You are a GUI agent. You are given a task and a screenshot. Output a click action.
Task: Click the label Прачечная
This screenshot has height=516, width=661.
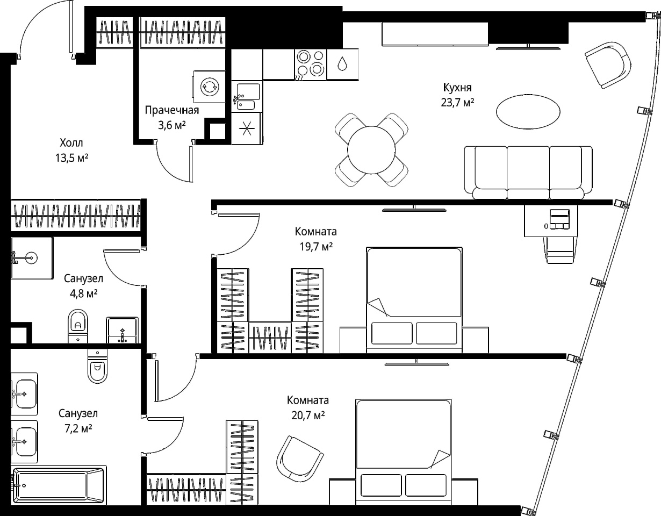pos(172,110)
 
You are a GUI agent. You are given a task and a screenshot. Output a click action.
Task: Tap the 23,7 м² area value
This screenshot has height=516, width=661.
pos(457,103)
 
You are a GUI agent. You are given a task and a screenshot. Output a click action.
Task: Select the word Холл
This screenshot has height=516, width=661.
pos(71,142)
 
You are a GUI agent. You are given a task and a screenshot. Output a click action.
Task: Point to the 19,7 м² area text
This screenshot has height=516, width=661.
pos(316,246)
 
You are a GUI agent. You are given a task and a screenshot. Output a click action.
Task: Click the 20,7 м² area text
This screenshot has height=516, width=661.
pos(308,415)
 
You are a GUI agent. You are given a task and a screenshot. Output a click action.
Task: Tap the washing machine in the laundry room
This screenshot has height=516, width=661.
pos(209,87)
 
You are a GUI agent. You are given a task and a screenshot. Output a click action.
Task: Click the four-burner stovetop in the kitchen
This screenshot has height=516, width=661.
pos(310,64)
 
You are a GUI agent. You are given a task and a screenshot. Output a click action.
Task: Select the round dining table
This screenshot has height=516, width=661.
pos(371,150)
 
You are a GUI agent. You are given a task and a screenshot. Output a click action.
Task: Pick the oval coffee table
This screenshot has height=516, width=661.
pos(528,112)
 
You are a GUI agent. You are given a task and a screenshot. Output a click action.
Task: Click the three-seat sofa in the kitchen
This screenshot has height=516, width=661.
pos(528,173)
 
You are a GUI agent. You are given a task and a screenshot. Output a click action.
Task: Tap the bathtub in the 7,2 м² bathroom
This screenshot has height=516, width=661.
pos(59,485)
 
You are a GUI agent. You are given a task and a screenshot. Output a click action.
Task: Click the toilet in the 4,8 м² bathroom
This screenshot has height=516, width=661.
pos(78,326)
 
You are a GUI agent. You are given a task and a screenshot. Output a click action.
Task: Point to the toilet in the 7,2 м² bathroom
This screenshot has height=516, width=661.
pos(97,366)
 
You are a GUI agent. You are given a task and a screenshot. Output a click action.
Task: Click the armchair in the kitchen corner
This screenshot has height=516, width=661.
pos(608,65)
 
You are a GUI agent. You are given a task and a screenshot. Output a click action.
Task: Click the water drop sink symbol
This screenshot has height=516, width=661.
pos(342,64)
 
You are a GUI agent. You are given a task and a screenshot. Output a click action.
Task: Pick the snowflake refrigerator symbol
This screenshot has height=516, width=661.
pos(246,128)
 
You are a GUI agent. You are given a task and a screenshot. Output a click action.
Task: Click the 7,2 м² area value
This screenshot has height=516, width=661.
pos(78,429)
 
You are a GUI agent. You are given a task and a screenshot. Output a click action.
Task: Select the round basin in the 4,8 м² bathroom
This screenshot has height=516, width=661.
pos(31,258)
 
